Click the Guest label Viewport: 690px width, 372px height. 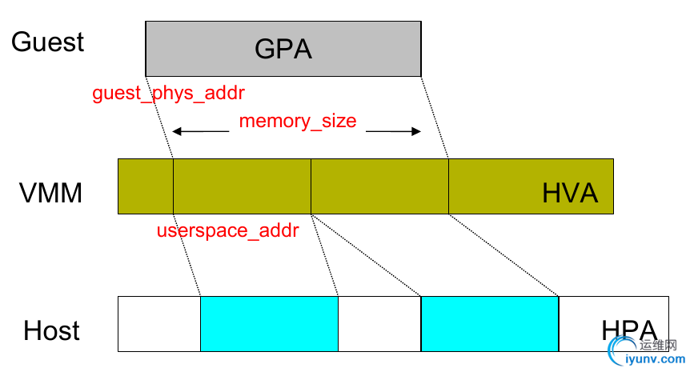(47, 42)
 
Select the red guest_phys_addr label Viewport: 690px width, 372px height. (168, 94)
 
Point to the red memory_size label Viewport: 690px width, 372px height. (298, 122)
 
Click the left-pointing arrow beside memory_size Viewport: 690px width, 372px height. (200, 130)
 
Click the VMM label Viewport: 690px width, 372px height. (51, 193)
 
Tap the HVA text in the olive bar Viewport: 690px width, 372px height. (570, 194)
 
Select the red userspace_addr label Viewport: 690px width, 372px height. (227, 231)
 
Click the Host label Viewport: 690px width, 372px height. (52, 330)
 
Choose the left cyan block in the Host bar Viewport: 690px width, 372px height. (269, 324)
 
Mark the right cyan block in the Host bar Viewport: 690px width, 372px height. (489, 324)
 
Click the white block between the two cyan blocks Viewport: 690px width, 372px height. (379, 324)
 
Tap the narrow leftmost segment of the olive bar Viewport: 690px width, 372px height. (146, 186)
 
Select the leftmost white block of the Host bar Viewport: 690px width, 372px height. (159, 324)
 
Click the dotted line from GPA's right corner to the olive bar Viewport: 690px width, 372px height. (435, 118)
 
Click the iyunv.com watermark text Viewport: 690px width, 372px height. (656, 359)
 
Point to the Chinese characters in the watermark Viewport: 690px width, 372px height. (659, 346)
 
